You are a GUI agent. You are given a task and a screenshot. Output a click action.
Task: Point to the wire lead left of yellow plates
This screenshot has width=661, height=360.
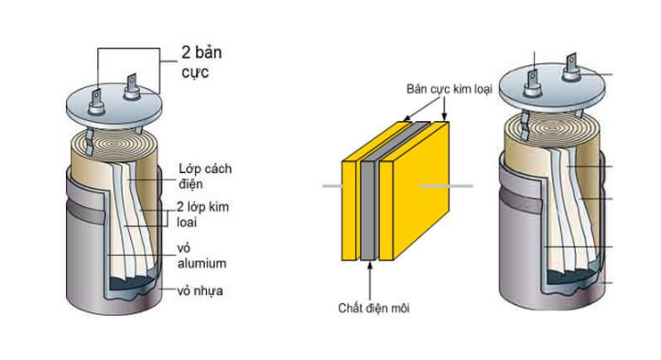(x=331, y=187)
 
